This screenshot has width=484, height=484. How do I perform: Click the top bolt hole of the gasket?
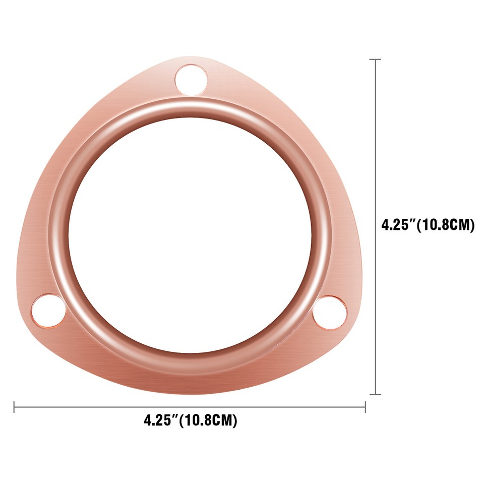point(191,80)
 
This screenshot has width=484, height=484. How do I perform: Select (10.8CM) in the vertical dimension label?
point(446,225)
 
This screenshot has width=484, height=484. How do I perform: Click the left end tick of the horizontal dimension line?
point(14,407)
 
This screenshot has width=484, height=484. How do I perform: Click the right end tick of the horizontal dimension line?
point(365,407)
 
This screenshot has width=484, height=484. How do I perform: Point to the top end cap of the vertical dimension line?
point(375,59)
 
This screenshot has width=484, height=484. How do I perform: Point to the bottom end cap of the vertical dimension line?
point(375,394)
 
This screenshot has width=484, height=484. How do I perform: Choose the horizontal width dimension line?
point(190,407)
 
